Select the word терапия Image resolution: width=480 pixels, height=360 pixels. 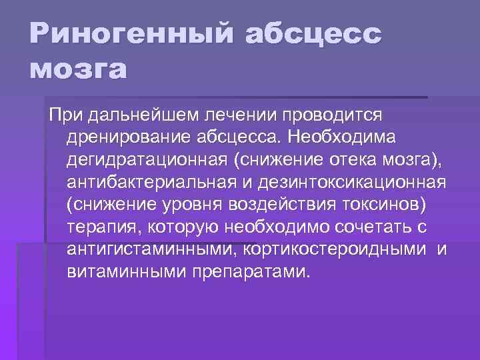pos(100,227)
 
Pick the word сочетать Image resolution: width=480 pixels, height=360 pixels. pos(377,227)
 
